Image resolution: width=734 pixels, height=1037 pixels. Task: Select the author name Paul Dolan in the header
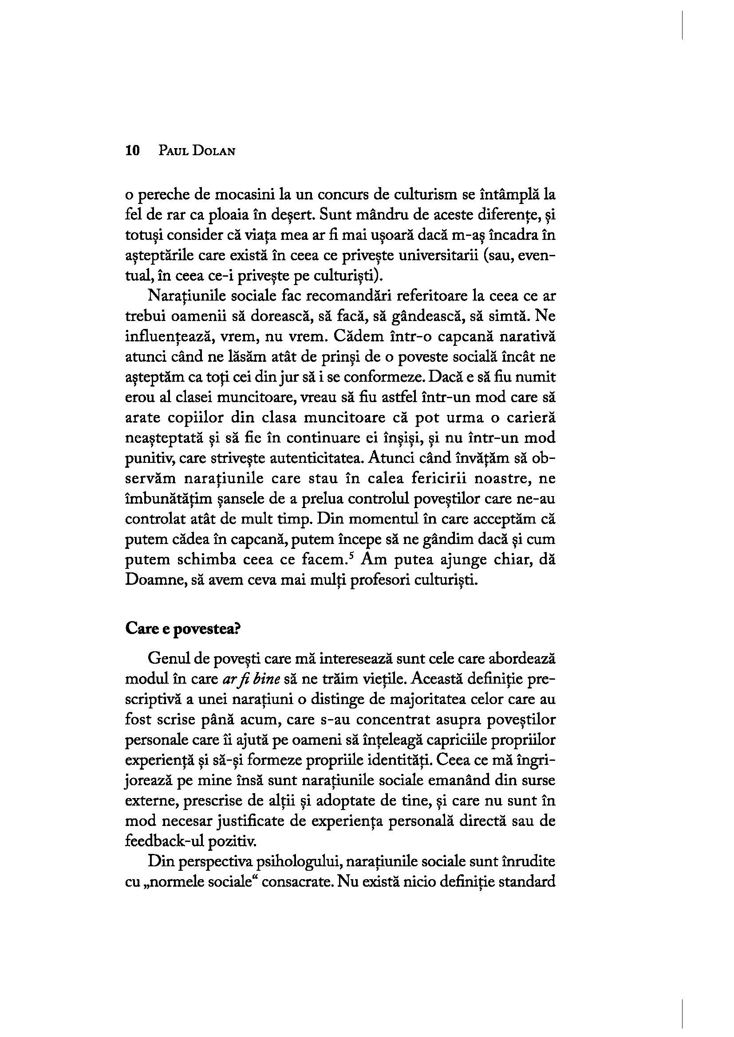pos(197,151)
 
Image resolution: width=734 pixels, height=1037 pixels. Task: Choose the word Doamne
pos(151,580)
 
